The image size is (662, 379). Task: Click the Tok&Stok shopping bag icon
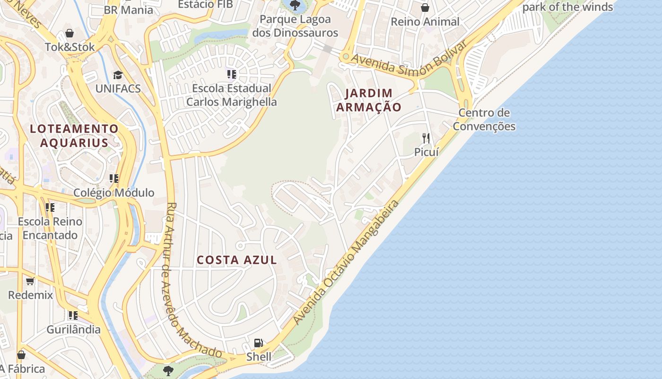[70, 33]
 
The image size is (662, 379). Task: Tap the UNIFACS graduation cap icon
[117, 75]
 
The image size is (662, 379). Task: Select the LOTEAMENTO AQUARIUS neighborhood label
[74, 135]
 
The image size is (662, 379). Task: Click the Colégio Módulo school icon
[114, 179]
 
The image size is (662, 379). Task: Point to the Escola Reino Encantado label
[50, 228]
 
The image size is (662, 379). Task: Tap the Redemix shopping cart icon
[30, 281]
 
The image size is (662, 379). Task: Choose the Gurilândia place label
[73, 329]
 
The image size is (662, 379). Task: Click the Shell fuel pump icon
[258, 343]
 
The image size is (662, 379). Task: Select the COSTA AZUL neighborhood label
[237, 260]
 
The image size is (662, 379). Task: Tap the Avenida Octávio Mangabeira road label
[346, 262]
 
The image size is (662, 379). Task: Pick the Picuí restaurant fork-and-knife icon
[426, 138]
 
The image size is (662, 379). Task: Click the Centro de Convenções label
[484, 119]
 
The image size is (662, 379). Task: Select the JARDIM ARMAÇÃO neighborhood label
[368, 100]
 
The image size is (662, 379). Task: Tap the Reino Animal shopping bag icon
[425, 8]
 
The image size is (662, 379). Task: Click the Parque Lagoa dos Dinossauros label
[295, 26]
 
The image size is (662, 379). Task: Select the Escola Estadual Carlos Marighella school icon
[231, 74]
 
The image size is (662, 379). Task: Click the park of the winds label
[567, 7]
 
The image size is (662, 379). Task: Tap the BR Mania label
[129, 9]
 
